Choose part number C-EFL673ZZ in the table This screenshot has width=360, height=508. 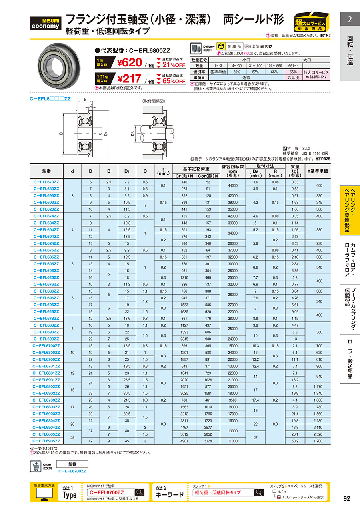pos(46,182)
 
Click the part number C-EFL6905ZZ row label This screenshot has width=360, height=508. pos(46,441)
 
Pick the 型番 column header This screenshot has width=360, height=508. pos(46,171)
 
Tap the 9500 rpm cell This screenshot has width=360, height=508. pos(232,400)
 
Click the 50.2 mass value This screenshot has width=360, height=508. pos(296,441)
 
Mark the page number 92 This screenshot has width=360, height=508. pos(347,498)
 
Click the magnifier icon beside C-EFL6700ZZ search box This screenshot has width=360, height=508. pos(140,492)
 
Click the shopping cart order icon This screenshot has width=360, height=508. pos(35,466)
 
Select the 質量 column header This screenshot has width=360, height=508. pos(296,171)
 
